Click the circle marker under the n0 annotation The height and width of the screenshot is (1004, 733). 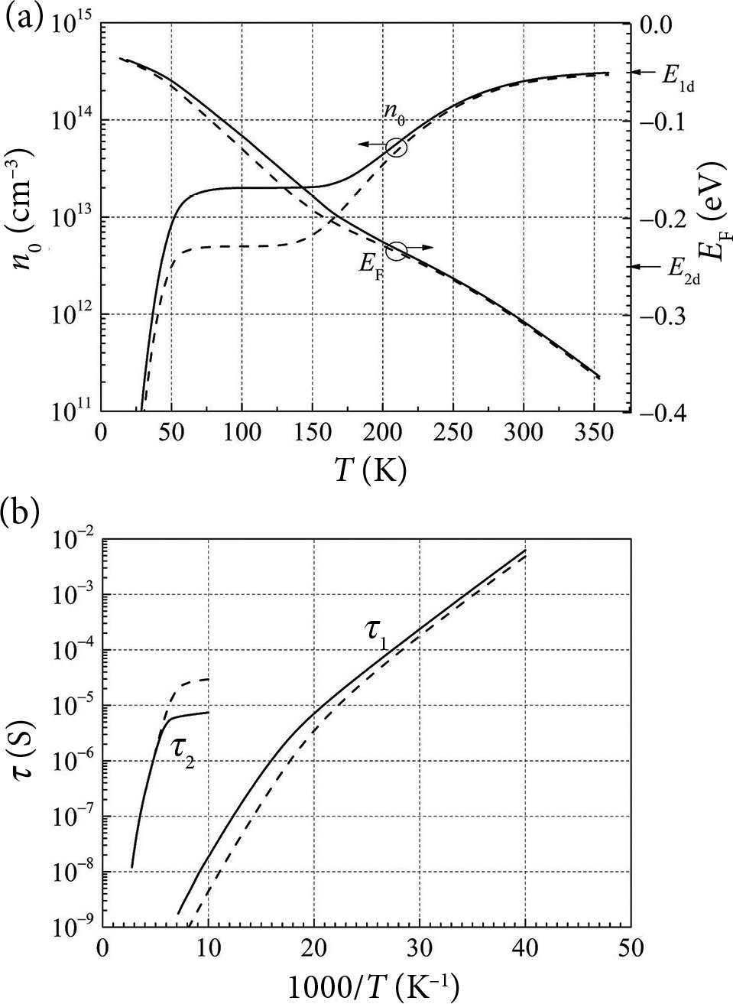pos(397,147)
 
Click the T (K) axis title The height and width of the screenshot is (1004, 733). pos(368,470)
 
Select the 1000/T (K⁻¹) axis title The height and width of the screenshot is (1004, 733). pos(371,986)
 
